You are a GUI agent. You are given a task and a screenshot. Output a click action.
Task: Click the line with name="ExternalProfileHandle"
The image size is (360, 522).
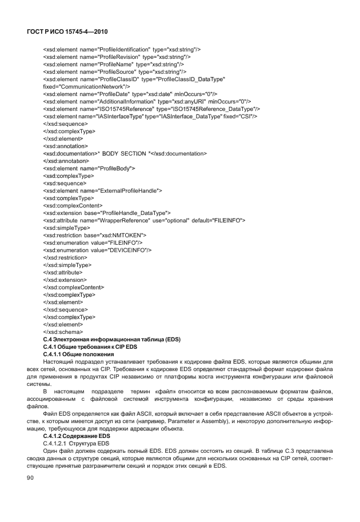point(103,190)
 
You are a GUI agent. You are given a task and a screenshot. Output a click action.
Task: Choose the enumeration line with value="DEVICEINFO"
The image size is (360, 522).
point(97,250)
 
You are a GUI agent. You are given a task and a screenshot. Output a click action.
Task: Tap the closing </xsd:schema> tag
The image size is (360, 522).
point(63,332)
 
